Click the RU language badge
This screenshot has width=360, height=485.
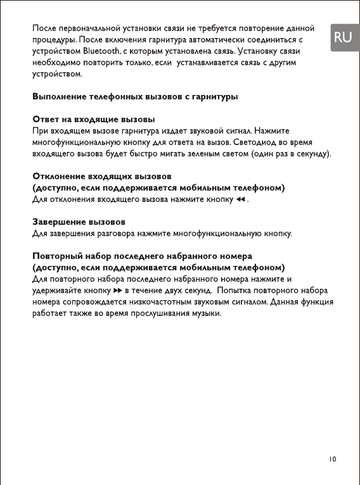342,37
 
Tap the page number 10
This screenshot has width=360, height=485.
333,458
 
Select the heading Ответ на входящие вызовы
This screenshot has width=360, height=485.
94,119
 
